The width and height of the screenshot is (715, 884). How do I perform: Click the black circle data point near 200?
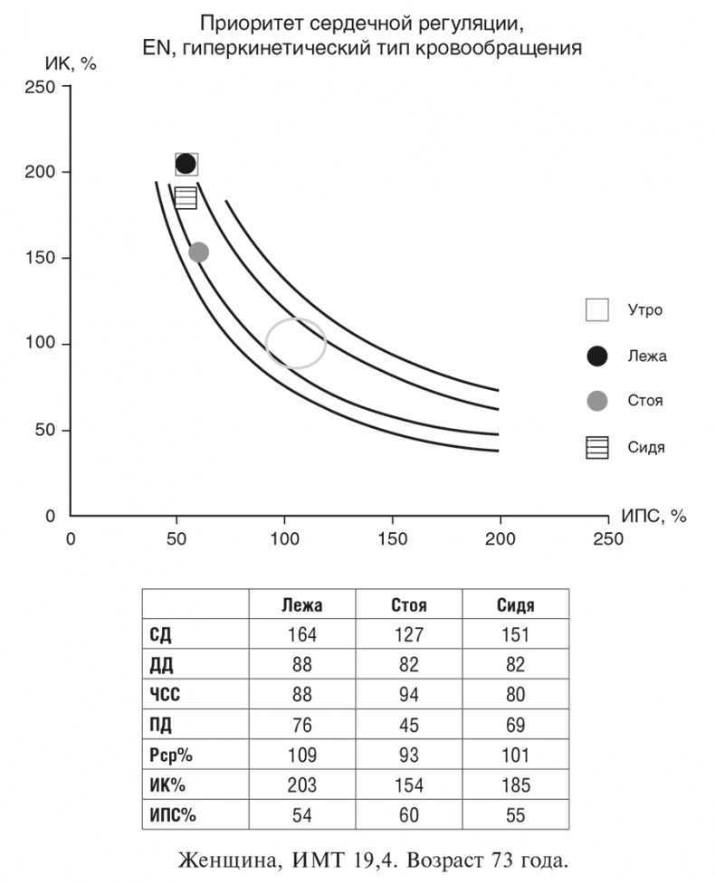[x=186, y=164]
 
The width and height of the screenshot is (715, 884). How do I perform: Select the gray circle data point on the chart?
[x=198, y=252]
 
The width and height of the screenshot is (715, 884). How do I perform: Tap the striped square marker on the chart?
[x=186, y=198]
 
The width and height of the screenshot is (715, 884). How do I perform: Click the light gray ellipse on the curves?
[x=296, y=344]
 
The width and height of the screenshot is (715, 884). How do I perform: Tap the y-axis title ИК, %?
[x=70, y=65]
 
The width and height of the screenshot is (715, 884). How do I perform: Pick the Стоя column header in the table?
[x=408, y=605]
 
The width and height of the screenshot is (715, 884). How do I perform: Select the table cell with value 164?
[x=301, y=635]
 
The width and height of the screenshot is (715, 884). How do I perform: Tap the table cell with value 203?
[x=301, y=784]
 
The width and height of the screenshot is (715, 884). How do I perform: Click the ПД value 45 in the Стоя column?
[x=408, y=725]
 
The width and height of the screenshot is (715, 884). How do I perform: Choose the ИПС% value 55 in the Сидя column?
[x=515, y=814]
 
